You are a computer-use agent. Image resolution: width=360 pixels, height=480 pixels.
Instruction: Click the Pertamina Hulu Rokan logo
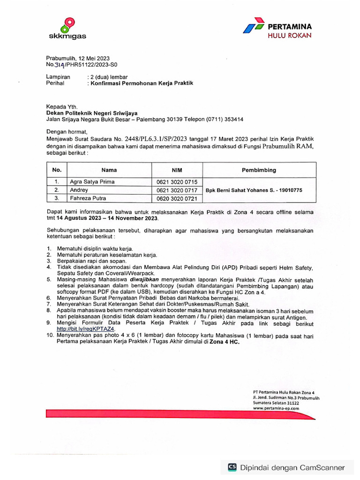click(x=277, y=30)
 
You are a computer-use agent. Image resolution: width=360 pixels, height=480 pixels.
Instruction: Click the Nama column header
click(x=109, y=170)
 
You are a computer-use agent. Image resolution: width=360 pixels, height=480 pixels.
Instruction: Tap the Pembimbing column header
click(x=259, y=170)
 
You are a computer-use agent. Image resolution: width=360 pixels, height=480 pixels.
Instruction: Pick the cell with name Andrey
click(x=79, y=190)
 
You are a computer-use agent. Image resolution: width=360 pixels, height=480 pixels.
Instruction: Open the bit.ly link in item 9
click(x=79, y=329)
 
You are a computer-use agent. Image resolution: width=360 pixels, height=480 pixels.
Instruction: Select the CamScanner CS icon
click(x=232, y=467)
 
